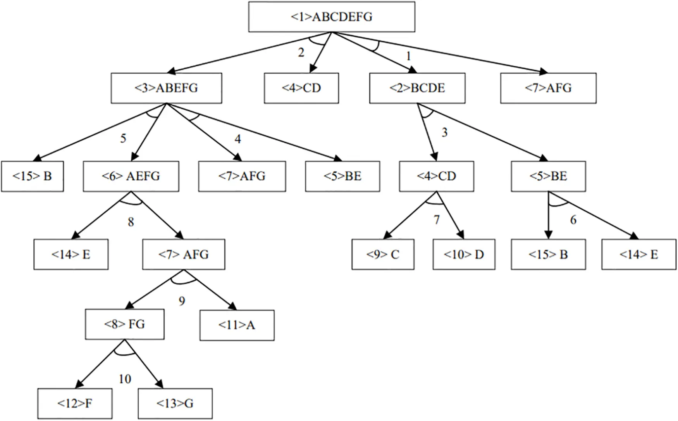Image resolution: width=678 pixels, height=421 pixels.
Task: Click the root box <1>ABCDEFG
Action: (332, 17)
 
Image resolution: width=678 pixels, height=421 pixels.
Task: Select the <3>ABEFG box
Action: (166, 88)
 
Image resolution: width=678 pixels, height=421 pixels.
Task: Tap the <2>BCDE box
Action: (417, 88)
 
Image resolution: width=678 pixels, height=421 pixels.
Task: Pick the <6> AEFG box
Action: (131, 176)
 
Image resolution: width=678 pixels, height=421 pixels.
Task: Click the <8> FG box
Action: (124, 324)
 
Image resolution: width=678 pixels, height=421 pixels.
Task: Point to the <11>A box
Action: (237, 325)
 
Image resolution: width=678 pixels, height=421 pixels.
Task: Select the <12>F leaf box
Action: (75, 404)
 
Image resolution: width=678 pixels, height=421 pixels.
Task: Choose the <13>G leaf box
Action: (175, 404)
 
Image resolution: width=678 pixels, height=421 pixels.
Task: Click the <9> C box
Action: (383, 255)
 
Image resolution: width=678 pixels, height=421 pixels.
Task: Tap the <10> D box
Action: (464, 255)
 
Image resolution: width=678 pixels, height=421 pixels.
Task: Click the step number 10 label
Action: (125, 379)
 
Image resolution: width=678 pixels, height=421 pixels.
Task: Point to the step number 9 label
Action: (182, 301)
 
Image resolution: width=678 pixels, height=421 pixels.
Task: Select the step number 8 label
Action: (131, 222)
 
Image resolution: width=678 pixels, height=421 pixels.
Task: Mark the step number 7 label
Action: (437, 220)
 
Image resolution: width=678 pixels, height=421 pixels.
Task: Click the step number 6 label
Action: (573, 220)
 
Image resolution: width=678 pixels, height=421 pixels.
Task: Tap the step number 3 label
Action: (444, 133)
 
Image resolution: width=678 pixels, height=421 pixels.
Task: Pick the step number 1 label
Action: (408, 56)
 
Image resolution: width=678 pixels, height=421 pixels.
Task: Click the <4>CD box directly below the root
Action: (301, 88)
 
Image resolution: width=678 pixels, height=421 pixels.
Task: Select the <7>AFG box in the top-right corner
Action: (548, 88)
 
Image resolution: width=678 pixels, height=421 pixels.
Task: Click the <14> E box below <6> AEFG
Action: (71, 255)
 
